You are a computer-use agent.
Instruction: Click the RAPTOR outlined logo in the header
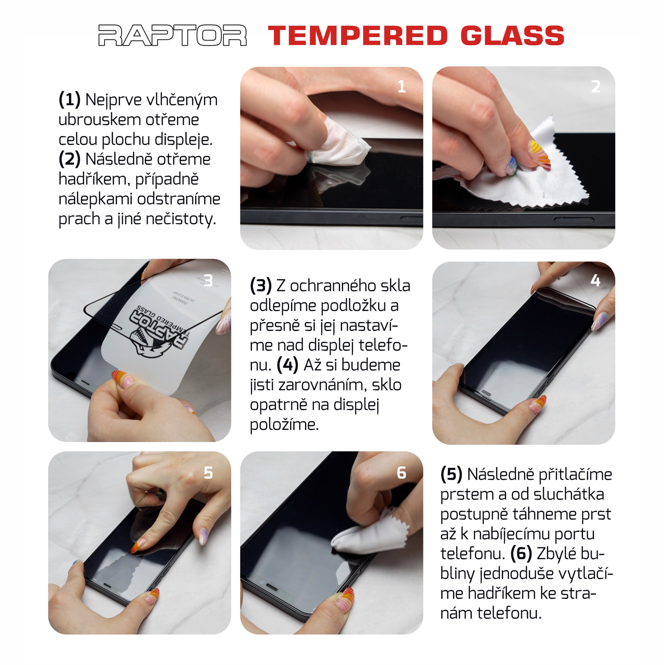coord(172,35)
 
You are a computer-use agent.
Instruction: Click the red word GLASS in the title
coord(512,35)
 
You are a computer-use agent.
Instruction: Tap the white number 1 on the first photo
coord(401,86)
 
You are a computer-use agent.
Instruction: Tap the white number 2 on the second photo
coord(596,86)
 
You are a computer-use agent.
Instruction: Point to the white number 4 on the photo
coord(595,281)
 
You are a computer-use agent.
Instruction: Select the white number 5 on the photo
coord(208,473)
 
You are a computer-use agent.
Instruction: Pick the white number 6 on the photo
coord(401,473)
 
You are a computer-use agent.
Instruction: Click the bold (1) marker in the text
coord(70,100)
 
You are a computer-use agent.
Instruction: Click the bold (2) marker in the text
coord(70,159)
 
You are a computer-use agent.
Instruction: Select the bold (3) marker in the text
coord(261,286)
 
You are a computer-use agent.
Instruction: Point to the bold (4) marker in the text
coord(287,365)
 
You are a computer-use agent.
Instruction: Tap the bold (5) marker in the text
coord(451,474)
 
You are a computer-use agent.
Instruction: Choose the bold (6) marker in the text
coord(521,553)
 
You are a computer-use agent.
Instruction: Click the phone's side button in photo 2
coord(574,220)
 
